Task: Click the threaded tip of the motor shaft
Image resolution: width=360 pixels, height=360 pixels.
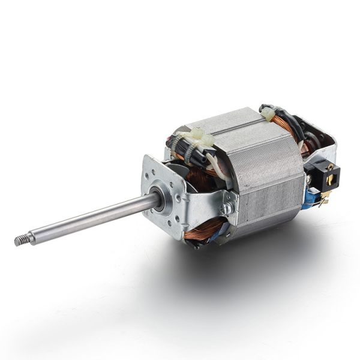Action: point(19,241)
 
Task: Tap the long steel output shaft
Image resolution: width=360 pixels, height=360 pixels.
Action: point(90,220)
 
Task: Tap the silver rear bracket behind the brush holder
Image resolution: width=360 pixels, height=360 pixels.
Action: point(324,144)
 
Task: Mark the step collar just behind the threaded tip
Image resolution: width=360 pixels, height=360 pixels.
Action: point(30,238)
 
